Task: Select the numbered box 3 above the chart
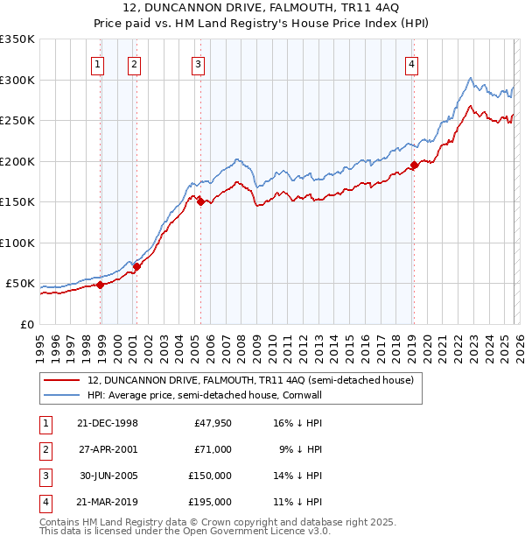pyautogui.click(x=198, y=64)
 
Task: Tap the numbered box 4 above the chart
pyautogui.click(x=410, y=64)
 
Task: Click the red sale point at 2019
pyautogui.click(x=414, y=166)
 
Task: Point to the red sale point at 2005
pyautogui.click(x=201, y=201)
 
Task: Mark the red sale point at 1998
pyautogui.click(x=101, y=285)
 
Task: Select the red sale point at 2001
pyautogui.click(x=136, y=266)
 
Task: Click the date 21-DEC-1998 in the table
pyautogui.click(x=108, y=423)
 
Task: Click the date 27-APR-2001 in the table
pyautogui.click(x=108, y=449)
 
